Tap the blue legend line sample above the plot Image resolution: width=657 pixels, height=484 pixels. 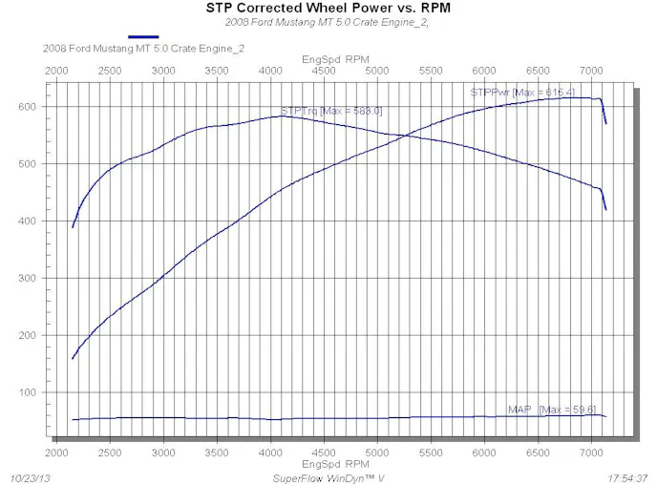(142, 36)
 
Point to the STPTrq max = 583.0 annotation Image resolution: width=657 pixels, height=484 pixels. (331, 111)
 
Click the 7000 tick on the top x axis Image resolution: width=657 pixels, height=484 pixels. (592, 71)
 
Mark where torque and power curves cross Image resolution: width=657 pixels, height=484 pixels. (404, 136)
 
